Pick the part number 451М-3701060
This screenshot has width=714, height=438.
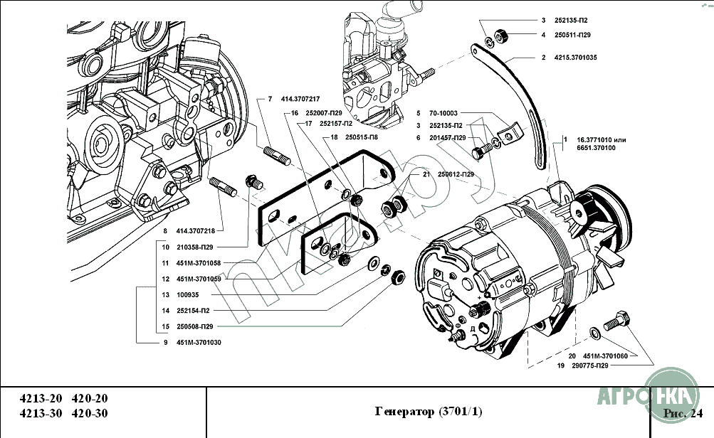[607, 356]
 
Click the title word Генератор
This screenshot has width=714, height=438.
[405, 412]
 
